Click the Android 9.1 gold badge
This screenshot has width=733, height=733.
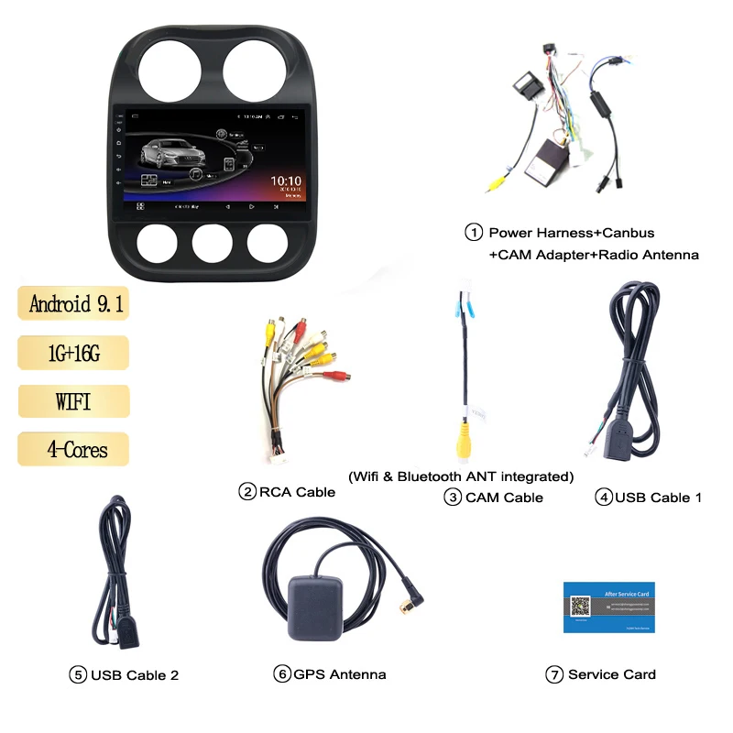[73, 303]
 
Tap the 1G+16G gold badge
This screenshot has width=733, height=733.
[73, 353]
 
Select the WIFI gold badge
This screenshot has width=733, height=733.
[73, 400]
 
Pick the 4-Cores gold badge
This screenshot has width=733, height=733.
[73, 449]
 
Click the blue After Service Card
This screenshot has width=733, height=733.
[608, 607]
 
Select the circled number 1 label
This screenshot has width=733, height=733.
[474, 233]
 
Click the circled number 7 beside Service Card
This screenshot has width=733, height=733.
[553, 674]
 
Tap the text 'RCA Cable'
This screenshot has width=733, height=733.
[297, 492]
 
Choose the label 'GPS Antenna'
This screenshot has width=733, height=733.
[340, 674]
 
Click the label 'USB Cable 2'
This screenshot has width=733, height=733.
[135, 675]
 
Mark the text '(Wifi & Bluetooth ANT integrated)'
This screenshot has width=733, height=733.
[461, 476]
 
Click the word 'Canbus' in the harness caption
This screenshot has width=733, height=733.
[629, 233]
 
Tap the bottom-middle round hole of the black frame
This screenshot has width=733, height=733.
[213, 241]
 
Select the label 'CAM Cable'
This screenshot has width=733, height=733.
[504, 498]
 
